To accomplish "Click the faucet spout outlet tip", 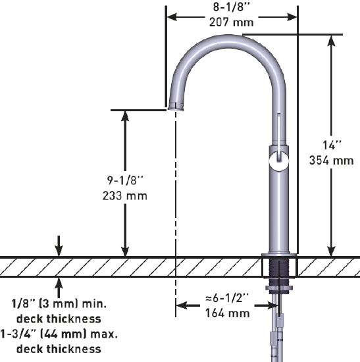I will (175, 107).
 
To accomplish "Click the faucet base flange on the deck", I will (279, 254).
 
